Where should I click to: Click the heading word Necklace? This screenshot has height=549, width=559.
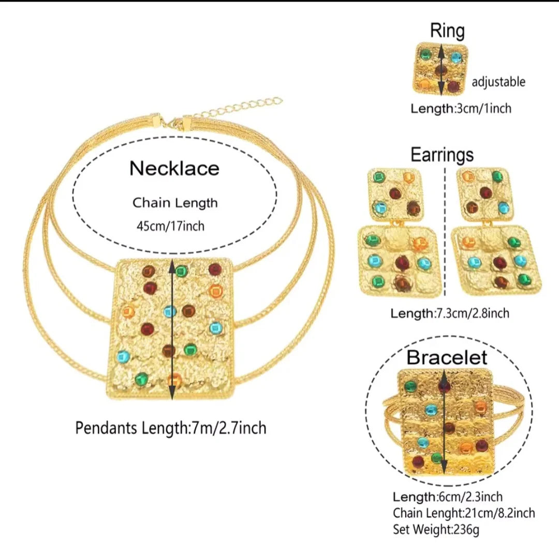click(x=174, y=168)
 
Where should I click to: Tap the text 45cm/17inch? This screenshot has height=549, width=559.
click(x=169, y=226)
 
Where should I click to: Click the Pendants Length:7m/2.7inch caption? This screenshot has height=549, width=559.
click(x=171, y=428)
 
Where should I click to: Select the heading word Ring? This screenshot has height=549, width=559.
click(x=447, y=31)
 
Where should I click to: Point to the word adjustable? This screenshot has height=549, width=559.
click(x=498, y=82)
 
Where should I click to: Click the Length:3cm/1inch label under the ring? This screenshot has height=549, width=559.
click(x=461, y=109)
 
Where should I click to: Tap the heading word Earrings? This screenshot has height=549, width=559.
click(x=442, y=154)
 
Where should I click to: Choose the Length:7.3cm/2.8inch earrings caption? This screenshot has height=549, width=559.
click(x=450, y=313)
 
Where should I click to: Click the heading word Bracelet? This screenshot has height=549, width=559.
click(x=447, y=357)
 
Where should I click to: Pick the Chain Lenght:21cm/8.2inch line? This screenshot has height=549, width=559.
click(x=464, y=513)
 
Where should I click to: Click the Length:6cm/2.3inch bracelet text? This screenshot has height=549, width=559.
click(x=447, y=497)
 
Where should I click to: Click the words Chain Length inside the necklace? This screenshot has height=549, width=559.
click(x=175, y=203)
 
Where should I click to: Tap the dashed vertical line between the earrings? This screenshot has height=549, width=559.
click(x=445, y=191)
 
